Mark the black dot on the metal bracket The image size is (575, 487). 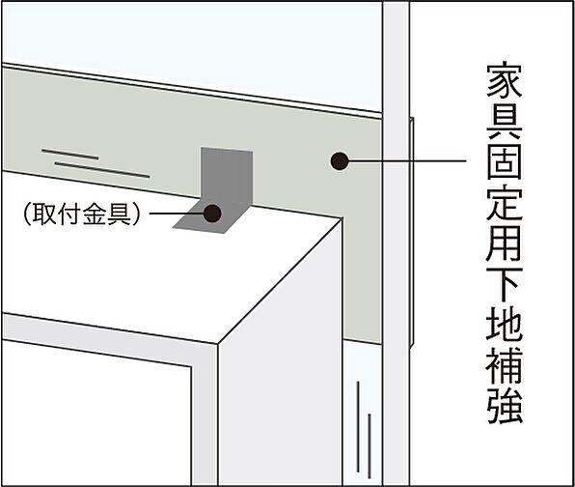point(213,213)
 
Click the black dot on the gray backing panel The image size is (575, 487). point(339,162)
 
